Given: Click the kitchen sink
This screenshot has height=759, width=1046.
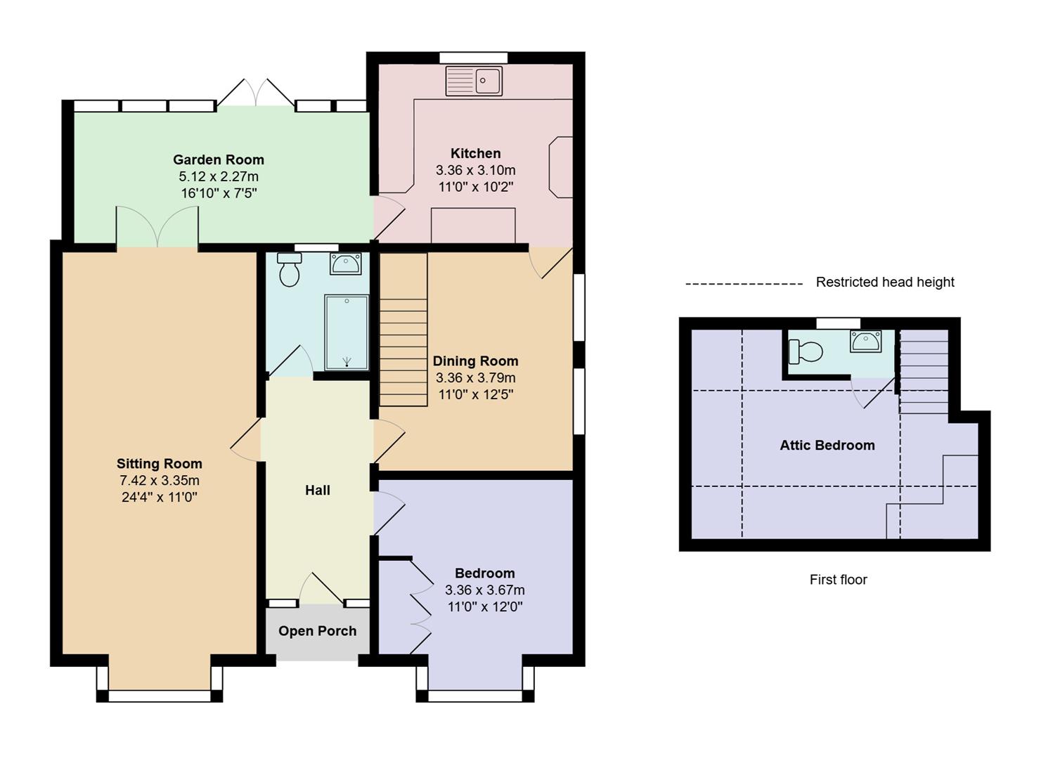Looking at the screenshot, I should click(474, 81).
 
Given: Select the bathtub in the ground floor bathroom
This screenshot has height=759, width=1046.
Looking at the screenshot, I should click(346, 332).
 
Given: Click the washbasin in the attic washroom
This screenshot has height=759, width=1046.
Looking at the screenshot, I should click(865, 342).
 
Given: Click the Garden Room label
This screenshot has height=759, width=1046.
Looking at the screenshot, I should click(219, 160).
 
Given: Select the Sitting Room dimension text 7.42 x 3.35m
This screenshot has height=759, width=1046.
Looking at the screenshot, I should click(160, 481).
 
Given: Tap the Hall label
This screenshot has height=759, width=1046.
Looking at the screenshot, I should click(318, 491).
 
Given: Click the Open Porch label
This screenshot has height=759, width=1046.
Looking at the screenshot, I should click(318, 631).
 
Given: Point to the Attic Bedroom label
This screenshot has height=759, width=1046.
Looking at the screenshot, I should click(827, 445).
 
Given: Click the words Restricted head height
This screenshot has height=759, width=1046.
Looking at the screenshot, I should click(885, 283).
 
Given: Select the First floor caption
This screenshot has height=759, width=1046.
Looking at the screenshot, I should click(838, 580).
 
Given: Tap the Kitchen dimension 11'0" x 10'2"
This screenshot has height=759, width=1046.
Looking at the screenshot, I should click(476, 187).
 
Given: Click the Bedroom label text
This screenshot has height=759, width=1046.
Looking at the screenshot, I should click(484, 573).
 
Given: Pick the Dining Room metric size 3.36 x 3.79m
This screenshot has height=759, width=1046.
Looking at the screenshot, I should click(476, 378).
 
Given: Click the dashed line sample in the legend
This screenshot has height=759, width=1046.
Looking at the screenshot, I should click(744, 284).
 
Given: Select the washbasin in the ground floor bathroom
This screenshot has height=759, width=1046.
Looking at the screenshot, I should click(345, 264).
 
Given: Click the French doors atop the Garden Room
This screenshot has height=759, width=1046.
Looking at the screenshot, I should click(255, 94).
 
